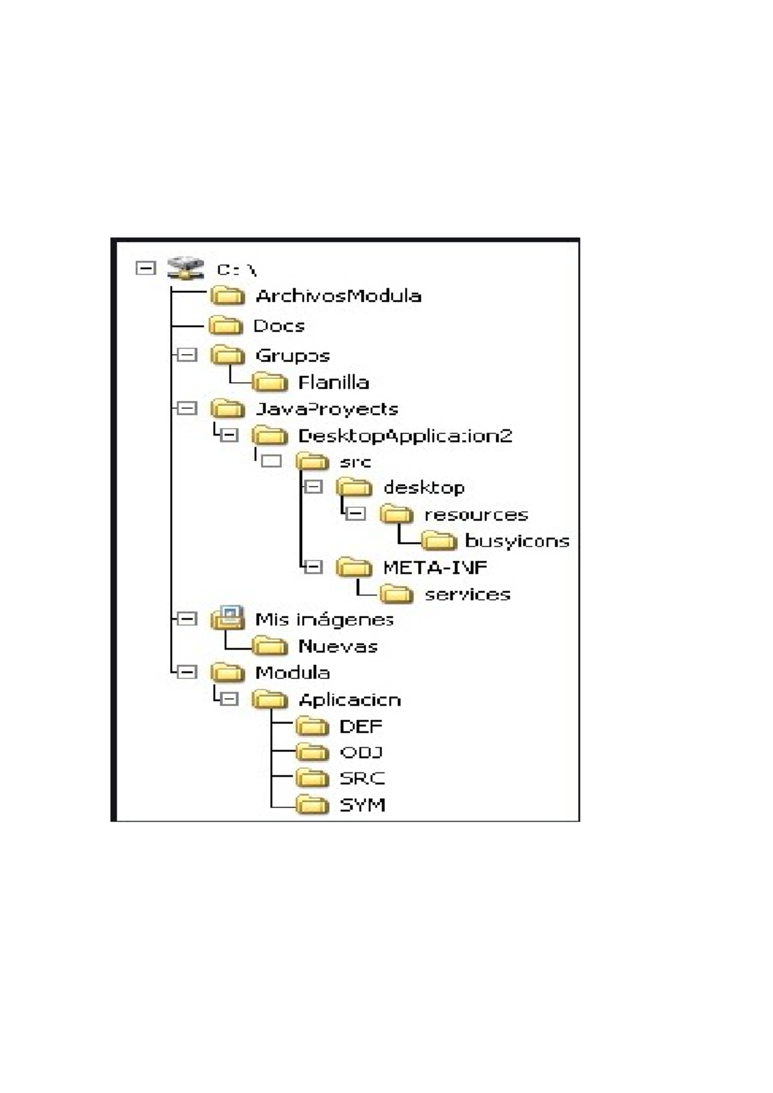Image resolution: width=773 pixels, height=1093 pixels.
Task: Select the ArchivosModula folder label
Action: (x=338, y=296)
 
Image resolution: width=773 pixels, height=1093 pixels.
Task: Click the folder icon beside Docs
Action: (x=226, y=326)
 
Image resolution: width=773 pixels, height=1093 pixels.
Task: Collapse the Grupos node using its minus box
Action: (x=187, y=355)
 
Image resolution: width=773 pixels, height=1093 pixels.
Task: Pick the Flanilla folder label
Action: (x=333, y=383)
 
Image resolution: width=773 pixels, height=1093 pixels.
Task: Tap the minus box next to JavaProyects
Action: (x=187, y=408)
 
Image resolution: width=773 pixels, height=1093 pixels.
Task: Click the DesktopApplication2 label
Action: (x=405, y=436)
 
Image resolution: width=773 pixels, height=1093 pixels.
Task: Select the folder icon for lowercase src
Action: (x=312, y=462)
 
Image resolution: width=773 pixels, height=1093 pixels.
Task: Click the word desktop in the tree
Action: (x=424, y=488)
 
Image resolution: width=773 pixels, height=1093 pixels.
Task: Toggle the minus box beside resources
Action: (x=356, y=514)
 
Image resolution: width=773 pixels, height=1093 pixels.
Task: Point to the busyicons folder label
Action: (x=517, y=541)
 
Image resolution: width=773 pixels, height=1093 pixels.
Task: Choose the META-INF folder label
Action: (x=435, y=568)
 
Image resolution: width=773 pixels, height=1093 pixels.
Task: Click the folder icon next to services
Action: (x=397, y=594)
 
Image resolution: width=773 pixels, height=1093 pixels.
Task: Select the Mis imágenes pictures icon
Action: (x=228, y=619)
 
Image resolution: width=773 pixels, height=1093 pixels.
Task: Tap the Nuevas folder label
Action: (x=338, y=646)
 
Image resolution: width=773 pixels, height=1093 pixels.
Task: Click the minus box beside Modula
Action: (x=187, y=673)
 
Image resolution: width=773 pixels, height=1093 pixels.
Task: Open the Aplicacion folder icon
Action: (x=269, y=700)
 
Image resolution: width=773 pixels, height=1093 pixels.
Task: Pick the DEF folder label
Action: (x=361, y=727)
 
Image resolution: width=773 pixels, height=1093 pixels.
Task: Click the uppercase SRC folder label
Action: (x=362, y=779)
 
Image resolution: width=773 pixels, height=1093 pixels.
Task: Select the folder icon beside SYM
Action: (x=312, y=805)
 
